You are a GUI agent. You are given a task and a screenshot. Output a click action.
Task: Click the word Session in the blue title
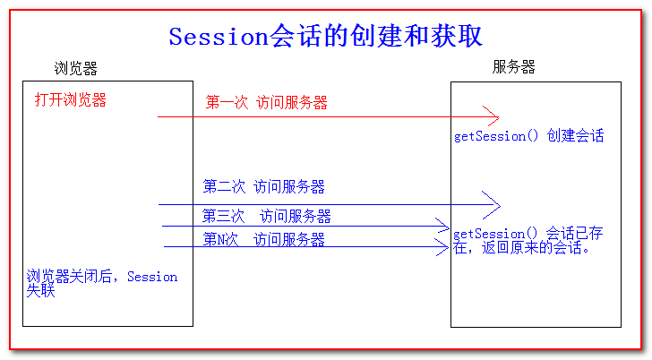click(219, 37)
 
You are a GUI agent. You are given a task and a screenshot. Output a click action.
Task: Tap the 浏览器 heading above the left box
click(75, 69)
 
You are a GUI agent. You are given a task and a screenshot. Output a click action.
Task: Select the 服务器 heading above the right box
click(513, 66)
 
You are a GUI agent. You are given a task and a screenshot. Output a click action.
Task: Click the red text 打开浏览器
click(71, 99)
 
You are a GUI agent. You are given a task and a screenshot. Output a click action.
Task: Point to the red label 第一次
click(227, 102)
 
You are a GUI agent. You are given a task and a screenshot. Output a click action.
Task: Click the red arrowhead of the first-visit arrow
click(491, 116)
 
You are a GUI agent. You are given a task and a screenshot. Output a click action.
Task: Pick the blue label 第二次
click(224, 186)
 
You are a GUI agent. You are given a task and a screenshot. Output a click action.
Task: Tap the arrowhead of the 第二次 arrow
click(492, 205)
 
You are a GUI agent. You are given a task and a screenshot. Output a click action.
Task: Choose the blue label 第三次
click(224, 216)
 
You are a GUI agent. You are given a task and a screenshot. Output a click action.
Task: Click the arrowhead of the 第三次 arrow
click(442, 226)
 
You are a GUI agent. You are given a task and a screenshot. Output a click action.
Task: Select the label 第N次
click(220, 239)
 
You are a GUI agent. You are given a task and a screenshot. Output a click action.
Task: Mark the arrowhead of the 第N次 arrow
click(442, 247)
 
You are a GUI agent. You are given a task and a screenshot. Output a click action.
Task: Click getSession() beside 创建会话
click(496, 136)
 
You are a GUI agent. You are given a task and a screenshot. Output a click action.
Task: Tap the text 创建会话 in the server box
click(575, 135)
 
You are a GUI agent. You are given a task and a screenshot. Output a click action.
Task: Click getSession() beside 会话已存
click(494, 234)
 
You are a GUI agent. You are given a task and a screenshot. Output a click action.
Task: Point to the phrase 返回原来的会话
click(531, 248)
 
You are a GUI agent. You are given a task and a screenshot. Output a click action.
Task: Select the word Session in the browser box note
click(152, 277)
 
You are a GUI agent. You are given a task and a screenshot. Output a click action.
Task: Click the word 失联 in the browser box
click(41, 290)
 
